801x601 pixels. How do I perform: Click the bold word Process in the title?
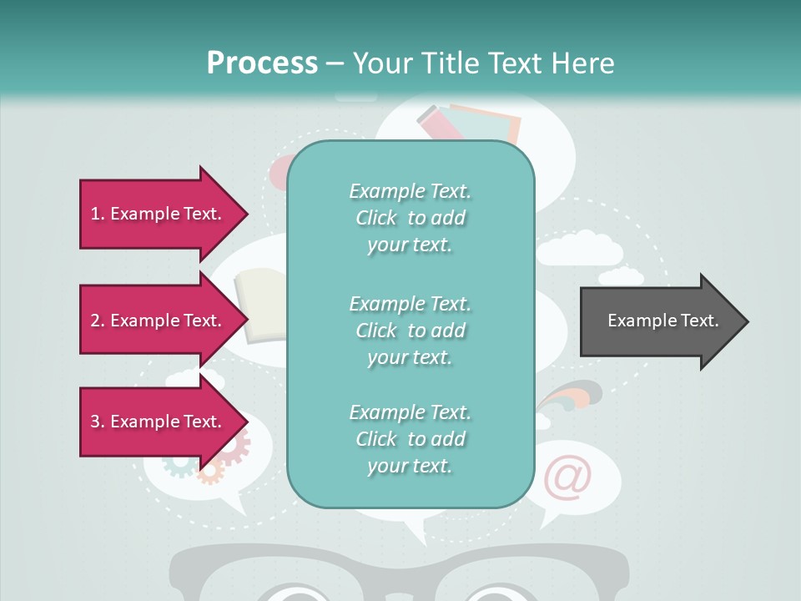tap(262, 63)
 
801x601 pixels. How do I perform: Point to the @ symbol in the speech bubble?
tap(568, 477)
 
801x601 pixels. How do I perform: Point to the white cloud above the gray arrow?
tap(579, 250)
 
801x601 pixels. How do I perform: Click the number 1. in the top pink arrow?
tap(98, 214)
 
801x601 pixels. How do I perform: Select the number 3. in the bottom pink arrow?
tap(98, 422)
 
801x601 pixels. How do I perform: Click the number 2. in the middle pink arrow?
tap(98, 321)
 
